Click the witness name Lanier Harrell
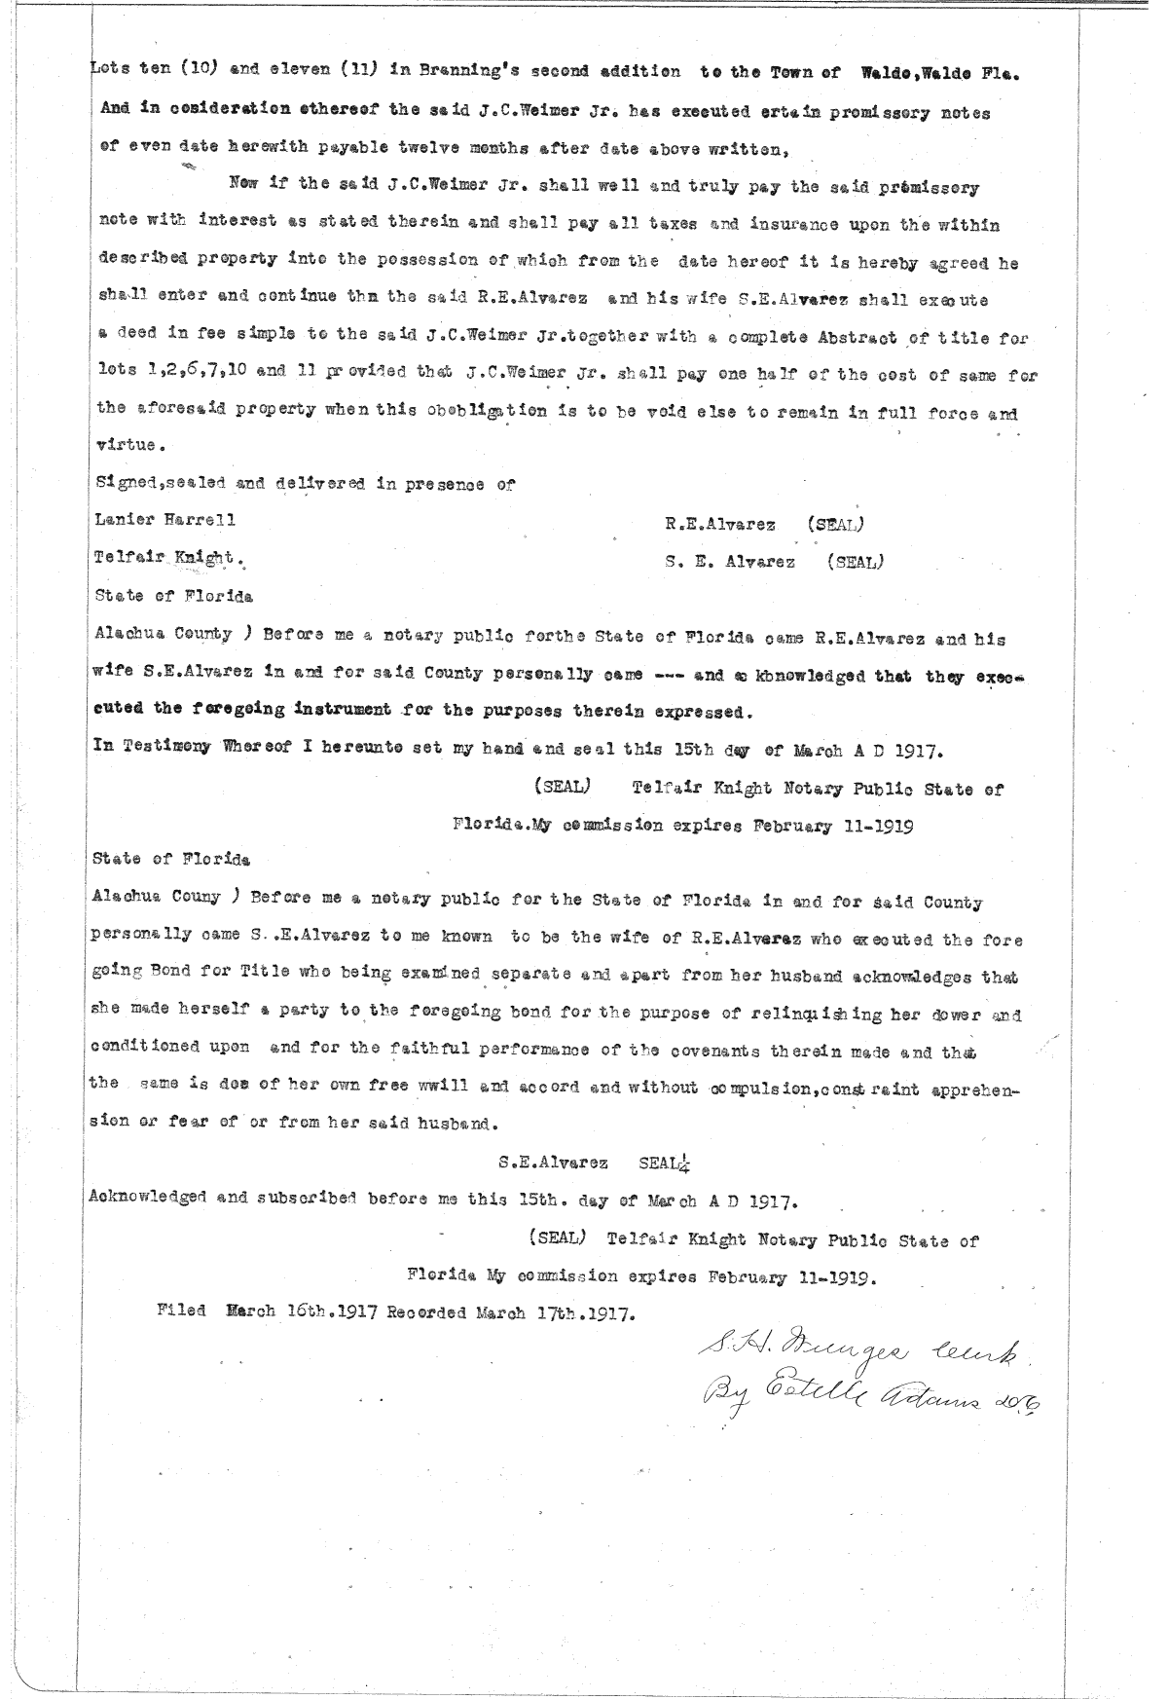click(164, 520)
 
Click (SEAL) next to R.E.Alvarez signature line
click(836, 524)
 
